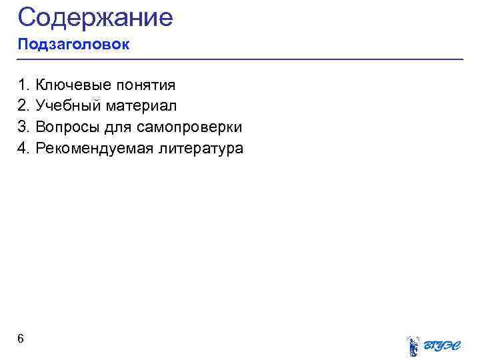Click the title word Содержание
(x=95, y=17)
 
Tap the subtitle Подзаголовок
(x=73, y=45)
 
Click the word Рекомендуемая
(x=94, y=148)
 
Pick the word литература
(x=201, y=148)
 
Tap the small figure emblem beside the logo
(x=413, y=345)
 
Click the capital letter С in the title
(x=27, y=17)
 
